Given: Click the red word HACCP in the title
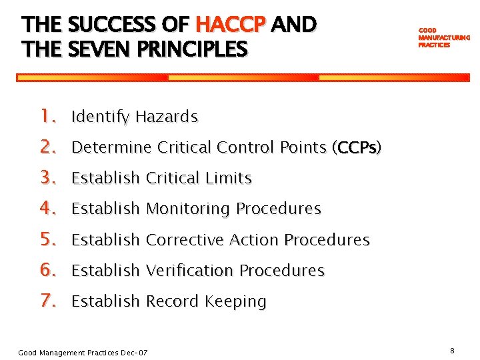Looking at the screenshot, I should pos(231,25).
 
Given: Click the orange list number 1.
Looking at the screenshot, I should pos(47,117).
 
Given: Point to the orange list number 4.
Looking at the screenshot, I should pos(47,209).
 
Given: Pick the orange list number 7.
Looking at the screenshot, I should pos(47,301).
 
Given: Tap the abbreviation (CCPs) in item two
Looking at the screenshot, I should pos(357,147).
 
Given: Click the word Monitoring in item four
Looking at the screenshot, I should pos(188,209).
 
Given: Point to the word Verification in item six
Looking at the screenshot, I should pos(189,270).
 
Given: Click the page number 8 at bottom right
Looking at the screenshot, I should pos(452,351).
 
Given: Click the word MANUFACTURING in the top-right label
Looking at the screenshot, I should pos(444,38).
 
